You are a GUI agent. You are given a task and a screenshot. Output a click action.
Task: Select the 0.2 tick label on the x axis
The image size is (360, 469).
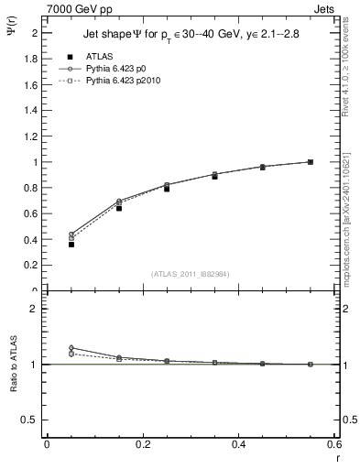142,443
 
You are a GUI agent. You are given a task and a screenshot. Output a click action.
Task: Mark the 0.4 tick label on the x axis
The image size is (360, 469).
238,443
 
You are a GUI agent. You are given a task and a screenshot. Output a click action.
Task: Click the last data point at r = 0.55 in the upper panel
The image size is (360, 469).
311,162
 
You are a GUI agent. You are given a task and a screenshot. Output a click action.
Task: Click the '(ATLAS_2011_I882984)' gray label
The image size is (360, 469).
190,273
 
